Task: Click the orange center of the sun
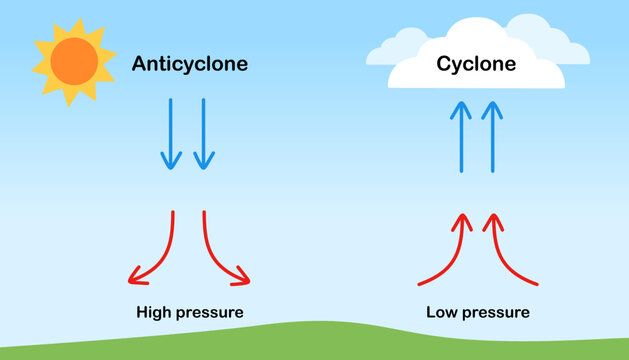[71, 61]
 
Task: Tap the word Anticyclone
[190, 65]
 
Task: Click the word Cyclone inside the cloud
[476, 65]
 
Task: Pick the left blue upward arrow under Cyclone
[461, 136]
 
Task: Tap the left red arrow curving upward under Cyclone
[446, 255]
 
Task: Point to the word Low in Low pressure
[442, 312]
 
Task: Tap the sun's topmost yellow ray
[73, 21]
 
